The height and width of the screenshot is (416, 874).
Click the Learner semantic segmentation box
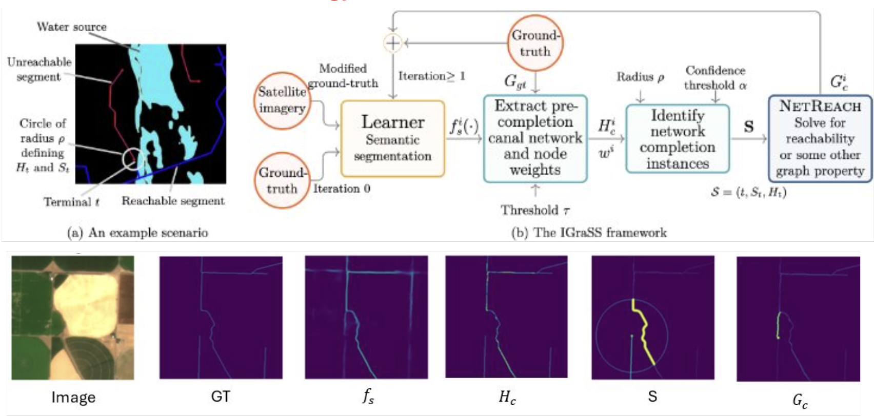coord(392,138)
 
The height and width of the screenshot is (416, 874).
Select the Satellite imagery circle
coord(282,100)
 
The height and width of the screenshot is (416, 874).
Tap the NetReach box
coord(820,138)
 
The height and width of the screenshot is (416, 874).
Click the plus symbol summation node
coord(392,43)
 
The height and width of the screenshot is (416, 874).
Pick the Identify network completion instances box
coord(677,138)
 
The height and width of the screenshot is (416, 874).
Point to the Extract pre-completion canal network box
coord(535,138)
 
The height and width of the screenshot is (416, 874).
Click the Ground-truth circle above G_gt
coord(535,43)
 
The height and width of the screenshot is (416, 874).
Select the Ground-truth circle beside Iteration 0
coord(281,180)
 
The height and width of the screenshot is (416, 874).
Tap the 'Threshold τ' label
coord(535,210)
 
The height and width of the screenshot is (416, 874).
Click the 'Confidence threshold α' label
coord(716,77)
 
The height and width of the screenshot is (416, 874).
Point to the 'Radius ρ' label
coord(640,77)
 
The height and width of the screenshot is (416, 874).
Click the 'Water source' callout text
coord(71,27)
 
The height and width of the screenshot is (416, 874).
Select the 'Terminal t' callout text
coord(71,202)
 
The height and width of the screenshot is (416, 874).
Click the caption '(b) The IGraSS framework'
coord(589,233)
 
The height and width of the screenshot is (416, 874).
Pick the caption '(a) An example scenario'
coord(138,233)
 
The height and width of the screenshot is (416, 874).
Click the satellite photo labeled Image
coord(73,318)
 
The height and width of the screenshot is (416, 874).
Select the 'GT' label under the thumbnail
coord(221,396)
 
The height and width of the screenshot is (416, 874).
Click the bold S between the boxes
coord(748,127)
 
